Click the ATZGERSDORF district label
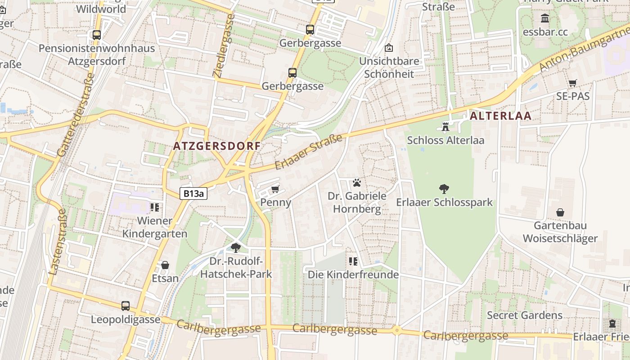(x=217, y=146)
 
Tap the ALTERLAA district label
(x=501, y=116)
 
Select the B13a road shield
(x=194, y=194)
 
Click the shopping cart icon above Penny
(x=275, y=189)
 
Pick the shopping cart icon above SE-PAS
(x=572, y=83)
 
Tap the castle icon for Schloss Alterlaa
(x=445, y=126)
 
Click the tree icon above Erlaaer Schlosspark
(x=444, y=189)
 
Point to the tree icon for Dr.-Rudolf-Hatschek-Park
(x=235, y=247)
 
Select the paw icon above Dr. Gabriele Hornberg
(x=357, y=183)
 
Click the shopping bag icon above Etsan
(x=165, y=265)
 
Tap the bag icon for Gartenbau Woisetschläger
(x=560, y=212)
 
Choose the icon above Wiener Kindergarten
(x=155, y=207)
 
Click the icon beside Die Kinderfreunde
(x=353, y=261)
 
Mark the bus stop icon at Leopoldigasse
(x=126, y=306)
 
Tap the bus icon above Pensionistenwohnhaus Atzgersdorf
(x=96, y=35)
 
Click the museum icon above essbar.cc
(x=545, y=18)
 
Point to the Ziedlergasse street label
(x=224, y=46)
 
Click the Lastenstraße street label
(x=58, y=242)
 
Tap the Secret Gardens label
(x=525, y=315)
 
